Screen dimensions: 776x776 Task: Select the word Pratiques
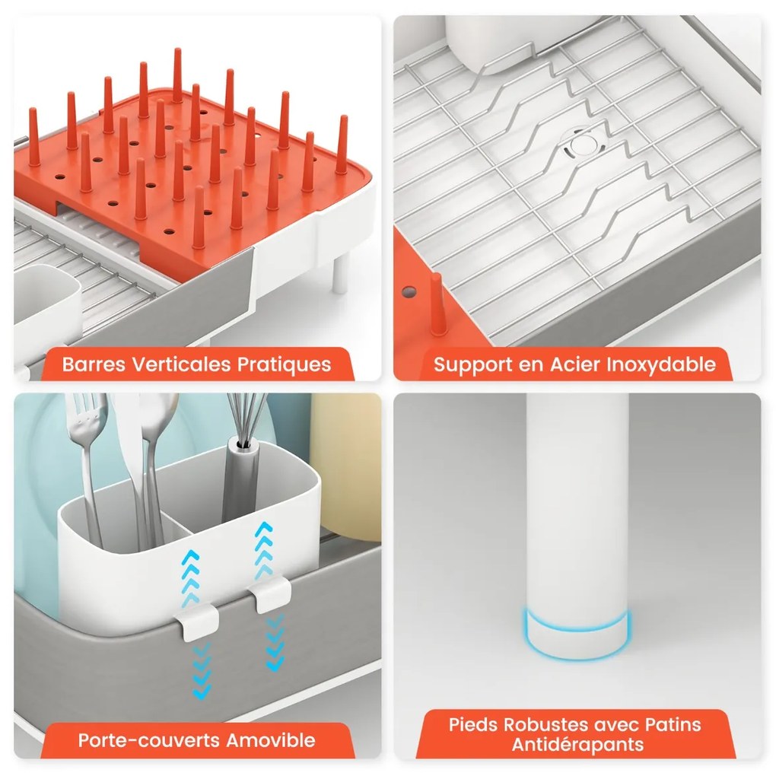(x=284, y=364)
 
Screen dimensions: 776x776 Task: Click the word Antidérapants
(x=577, y=744)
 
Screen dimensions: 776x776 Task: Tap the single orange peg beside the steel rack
(x=436, y=304)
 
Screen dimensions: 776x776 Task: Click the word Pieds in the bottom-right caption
(x=473, y=724)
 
